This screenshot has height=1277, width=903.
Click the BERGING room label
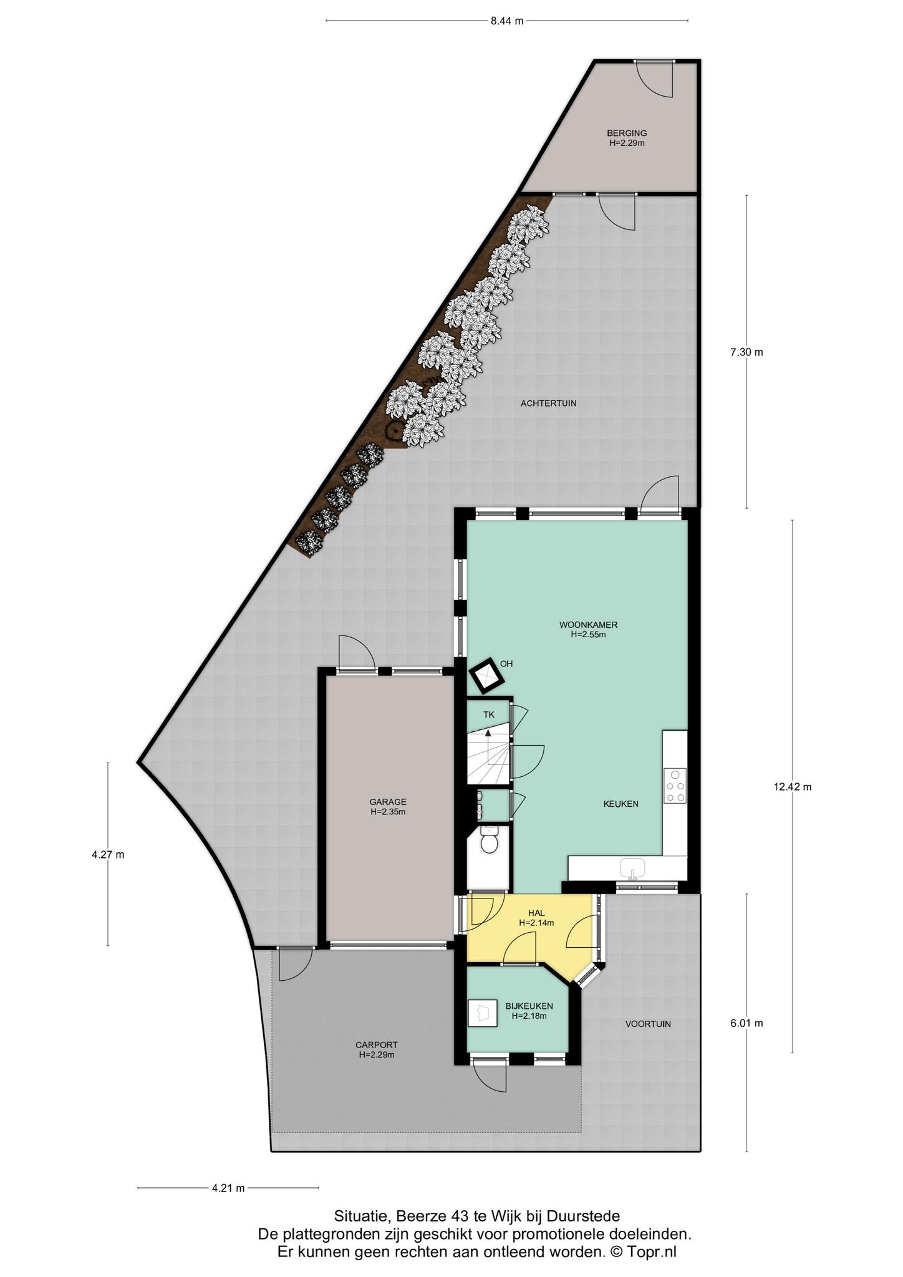point(627,133)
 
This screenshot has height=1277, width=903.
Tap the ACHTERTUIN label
point(548,403)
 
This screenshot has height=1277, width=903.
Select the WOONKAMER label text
point(588,625)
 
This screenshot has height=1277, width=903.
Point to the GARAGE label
point(387,802)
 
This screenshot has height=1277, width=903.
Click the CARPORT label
point(376,1045)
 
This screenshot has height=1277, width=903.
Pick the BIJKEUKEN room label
point(529,1006)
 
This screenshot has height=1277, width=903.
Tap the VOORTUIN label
point(648,1024)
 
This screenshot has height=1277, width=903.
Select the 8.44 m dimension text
point(506,21)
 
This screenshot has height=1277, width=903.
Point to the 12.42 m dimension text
point(792,787)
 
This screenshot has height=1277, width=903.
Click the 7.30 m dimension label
point(746,352)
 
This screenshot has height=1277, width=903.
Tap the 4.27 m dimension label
point(107,855)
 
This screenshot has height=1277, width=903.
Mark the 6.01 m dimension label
point(746,1023)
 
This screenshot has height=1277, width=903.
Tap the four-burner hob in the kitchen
point(675,785)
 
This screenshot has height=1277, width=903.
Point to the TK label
point(489,715)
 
